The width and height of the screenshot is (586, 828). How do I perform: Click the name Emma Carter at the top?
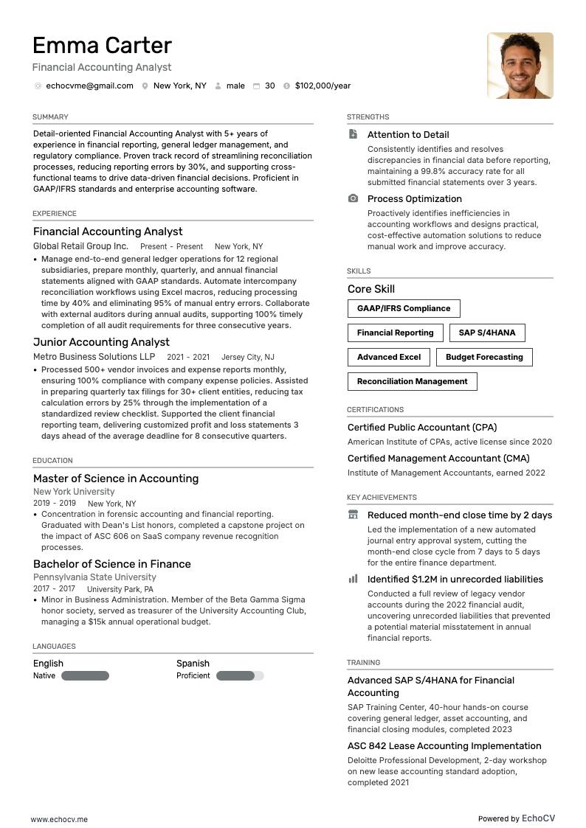102,46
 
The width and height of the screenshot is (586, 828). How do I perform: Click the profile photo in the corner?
520,66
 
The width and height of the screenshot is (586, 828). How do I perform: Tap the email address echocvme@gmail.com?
89,86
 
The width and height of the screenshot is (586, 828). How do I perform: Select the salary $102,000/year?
323,86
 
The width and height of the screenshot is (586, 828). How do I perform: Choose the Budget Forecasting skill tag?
484,357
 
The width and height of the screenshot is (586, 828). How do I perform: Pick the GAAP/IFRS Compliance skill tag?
403,308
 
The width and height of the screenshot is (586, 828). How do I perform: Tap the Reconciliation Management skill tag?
412,381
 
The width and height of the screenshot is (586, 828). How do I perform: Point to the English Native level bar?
85,675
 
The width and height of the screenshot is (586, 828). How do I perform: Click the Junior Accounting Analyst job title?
101,342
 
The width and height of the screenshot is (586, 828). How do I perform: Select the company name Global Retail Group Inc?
80,246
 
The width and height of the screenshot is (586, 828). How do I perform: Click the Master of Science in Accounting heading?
116,479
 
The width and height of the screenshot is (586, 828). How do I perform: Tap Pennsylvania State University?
94,577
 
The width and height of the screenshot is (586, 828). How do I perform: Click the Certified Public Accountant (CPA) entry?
421,428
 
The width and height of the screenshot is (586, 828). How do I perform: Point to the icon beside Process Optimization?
353,199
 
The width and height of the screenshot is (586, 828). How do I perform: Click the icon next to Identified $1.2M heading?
353,580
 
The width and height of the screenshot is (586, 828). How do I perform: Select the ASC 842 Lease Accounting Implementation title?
444,746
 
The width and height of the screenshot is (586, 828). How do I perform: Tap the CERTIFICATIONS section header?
375,409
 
